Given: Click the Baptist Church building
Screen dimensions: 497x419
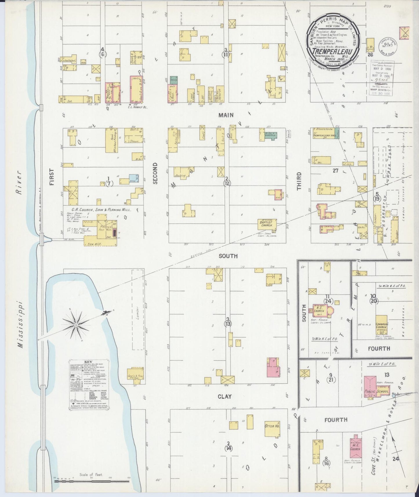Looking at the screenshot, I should pyautogui.click(x=267, y=224).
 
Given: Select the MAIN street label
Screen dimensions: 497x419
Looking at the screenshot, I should pyautogui.click(x=226, y=115).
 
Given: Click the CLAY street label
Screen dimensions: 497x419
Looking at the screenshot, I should pyautogui.click(x=225, y=396).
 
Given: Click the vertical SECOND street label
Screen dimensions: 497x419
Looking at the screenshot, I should pyautogui.click(x=155, y=173).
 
